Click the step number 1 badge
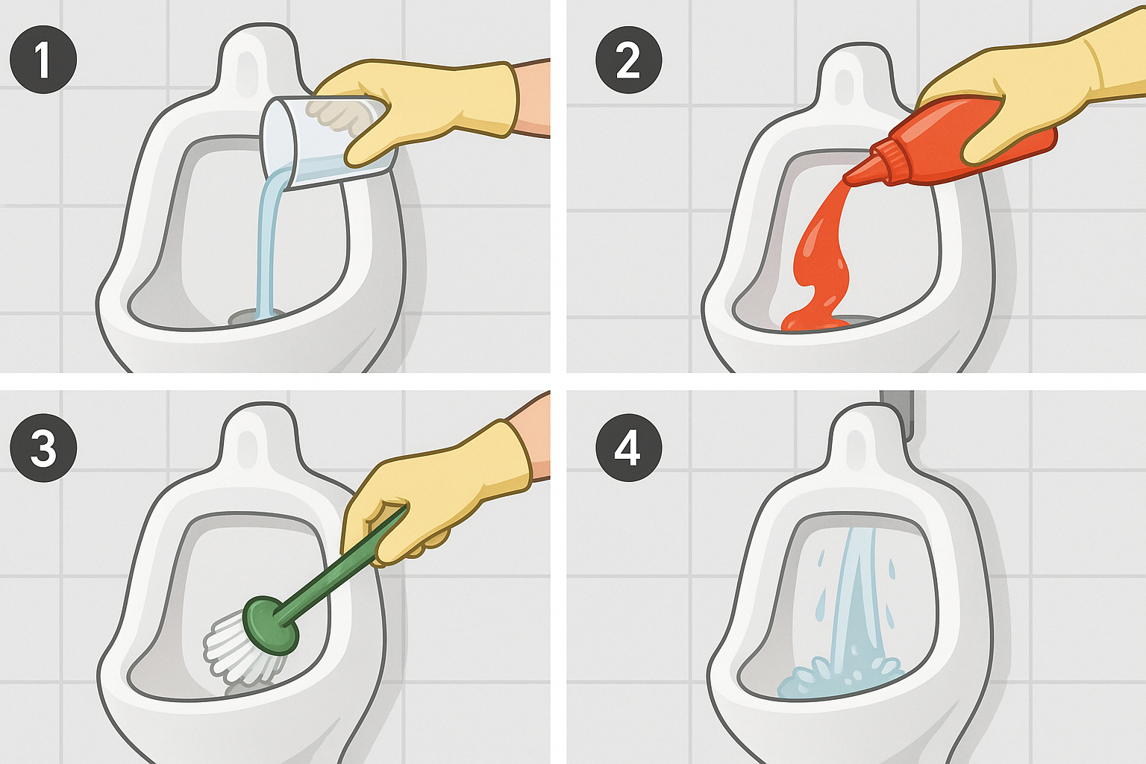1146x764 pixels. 43,60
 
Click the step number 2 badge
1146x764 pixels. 629,60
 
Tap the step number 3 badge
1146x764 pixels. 43,448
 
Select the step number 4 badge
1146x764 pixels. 629,448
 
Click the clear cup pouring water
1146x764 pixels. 328,141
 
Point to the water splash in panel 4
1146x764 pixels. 839,678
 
